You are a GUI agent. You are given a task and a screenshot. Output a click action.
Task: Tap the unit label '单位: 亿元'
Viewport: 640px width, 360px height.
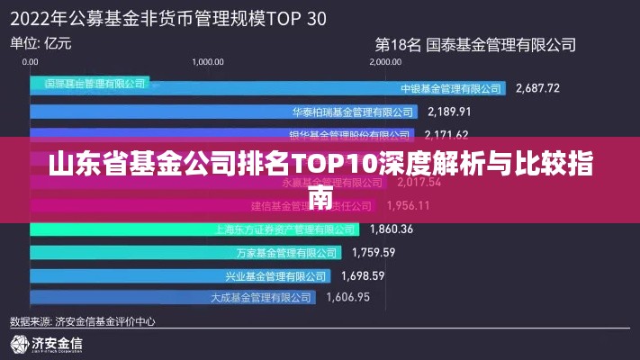coord(41,42)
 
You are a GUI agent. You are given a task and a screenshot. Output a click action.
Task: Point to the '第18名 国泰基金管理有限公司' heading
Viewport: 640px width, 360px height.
coord(474,42)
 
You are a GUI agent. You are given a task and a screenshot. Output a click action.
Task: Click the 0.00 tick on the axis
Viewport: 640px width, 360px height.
coord(31,62)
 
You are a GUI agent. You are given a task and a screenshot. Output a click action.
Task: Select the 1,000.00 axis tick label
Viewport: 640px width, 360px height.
coord(208,62)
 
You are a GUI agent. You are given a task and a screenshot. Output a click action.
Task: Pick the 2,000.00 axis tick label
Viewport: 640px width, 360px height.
coord(385,62)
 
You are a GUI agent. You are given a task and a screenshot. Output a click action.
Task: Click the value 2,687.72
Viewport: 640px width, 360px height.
coord(537,88)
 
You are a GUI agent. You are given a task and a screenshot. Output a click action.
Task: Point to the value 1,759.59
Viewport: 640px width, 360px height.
coord(374,251)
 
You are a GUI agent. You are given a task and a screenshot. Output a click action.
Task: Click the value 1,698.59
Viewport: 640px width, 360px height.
coord(363,274)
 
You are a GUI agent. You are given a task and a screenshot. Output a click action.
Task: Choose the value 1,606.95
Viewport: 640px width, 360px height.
coord(348,297)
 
